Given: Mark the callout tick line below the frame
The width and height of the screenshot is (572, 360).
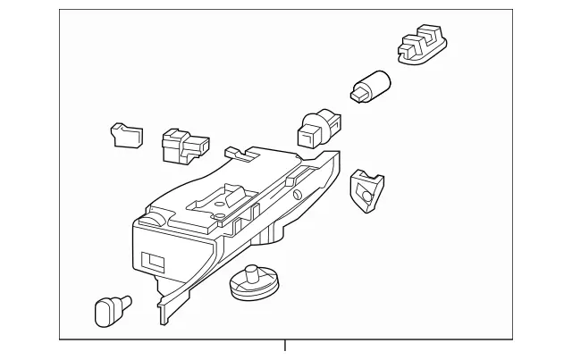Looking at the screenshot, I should coord(286,346).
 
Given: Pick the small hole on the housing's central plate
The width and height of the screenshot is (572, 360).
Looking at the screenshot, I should coord(215,213).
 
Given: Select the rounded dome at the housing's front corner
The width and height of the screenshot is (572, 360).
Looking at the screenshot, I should coord(154,217).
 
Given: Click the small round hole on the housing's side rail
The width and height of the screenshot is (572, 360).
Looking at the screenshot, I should coord(295,194).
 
